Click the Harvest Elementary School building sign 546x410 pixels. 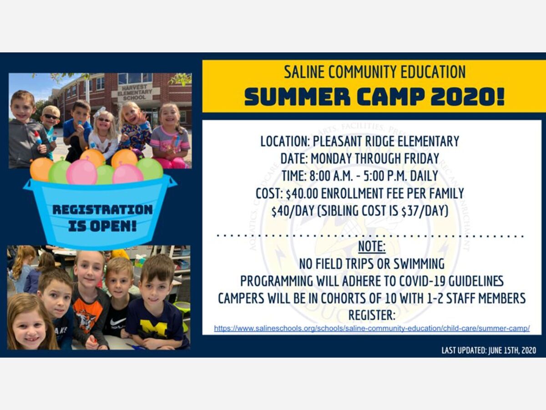(135, 92)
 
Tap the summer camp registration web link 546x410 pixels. (372, 328)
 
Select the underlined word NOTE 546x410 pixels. (372, 246)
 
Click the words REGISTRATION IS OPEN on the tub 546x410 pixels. (102, 218)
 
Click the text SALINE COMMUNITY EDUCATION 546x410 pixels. (374, 72)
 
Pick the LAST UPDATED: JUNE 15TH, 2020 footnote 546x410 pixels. (489, 350)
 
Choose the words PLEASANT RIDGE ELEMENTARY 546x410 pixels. (386, 141)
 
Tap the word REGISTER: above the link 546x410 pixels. (372, 315)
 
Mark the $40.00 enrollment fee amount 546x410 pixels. (302, 194)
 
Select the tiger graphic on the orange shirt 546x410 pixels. (86, 321)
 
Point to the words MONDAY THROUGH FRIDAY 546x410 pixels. (375, 159)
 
